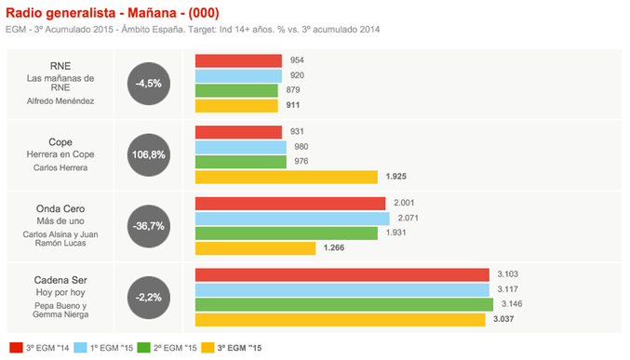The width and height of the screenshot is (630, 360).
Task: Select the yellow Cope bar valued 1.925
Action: (286, 177)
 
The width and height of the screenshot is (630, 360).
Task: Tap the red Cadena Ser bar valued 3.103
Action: (342, 274)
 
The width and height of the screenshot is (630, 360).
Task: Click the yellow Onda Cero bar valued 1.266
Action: (255, 248)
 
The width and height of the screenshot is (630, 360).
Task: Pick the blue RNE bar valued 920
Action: (237, 75)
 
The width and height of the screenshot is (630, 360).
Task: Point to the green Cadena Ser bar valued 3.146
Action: (343, 304)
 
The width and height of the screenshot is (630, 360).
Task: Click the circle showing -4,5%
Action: (149, 83)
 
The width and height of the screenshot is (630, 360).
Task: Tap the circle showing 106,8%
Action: (149, 154)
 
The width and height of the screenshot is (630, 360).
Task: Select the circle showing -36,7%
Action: (149, 226)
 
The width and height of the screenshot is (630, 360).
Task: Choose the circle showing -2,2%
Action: (149, 297)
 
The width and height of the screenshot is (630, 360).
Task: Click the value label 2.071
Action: (407, 219)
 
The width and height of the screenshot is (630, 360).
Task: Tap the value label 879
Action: (292, 90)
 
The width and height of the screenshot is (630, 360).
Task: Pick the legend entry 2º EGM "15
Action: (172, 348)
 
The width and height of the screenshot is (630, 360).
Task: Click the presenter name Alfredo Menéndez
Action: (60, 100)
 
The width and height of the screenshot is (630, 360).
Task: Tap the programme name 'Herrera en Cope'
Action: (60, 154)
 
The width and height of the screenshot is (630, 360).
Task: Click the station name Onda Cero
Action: (60, 209)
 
